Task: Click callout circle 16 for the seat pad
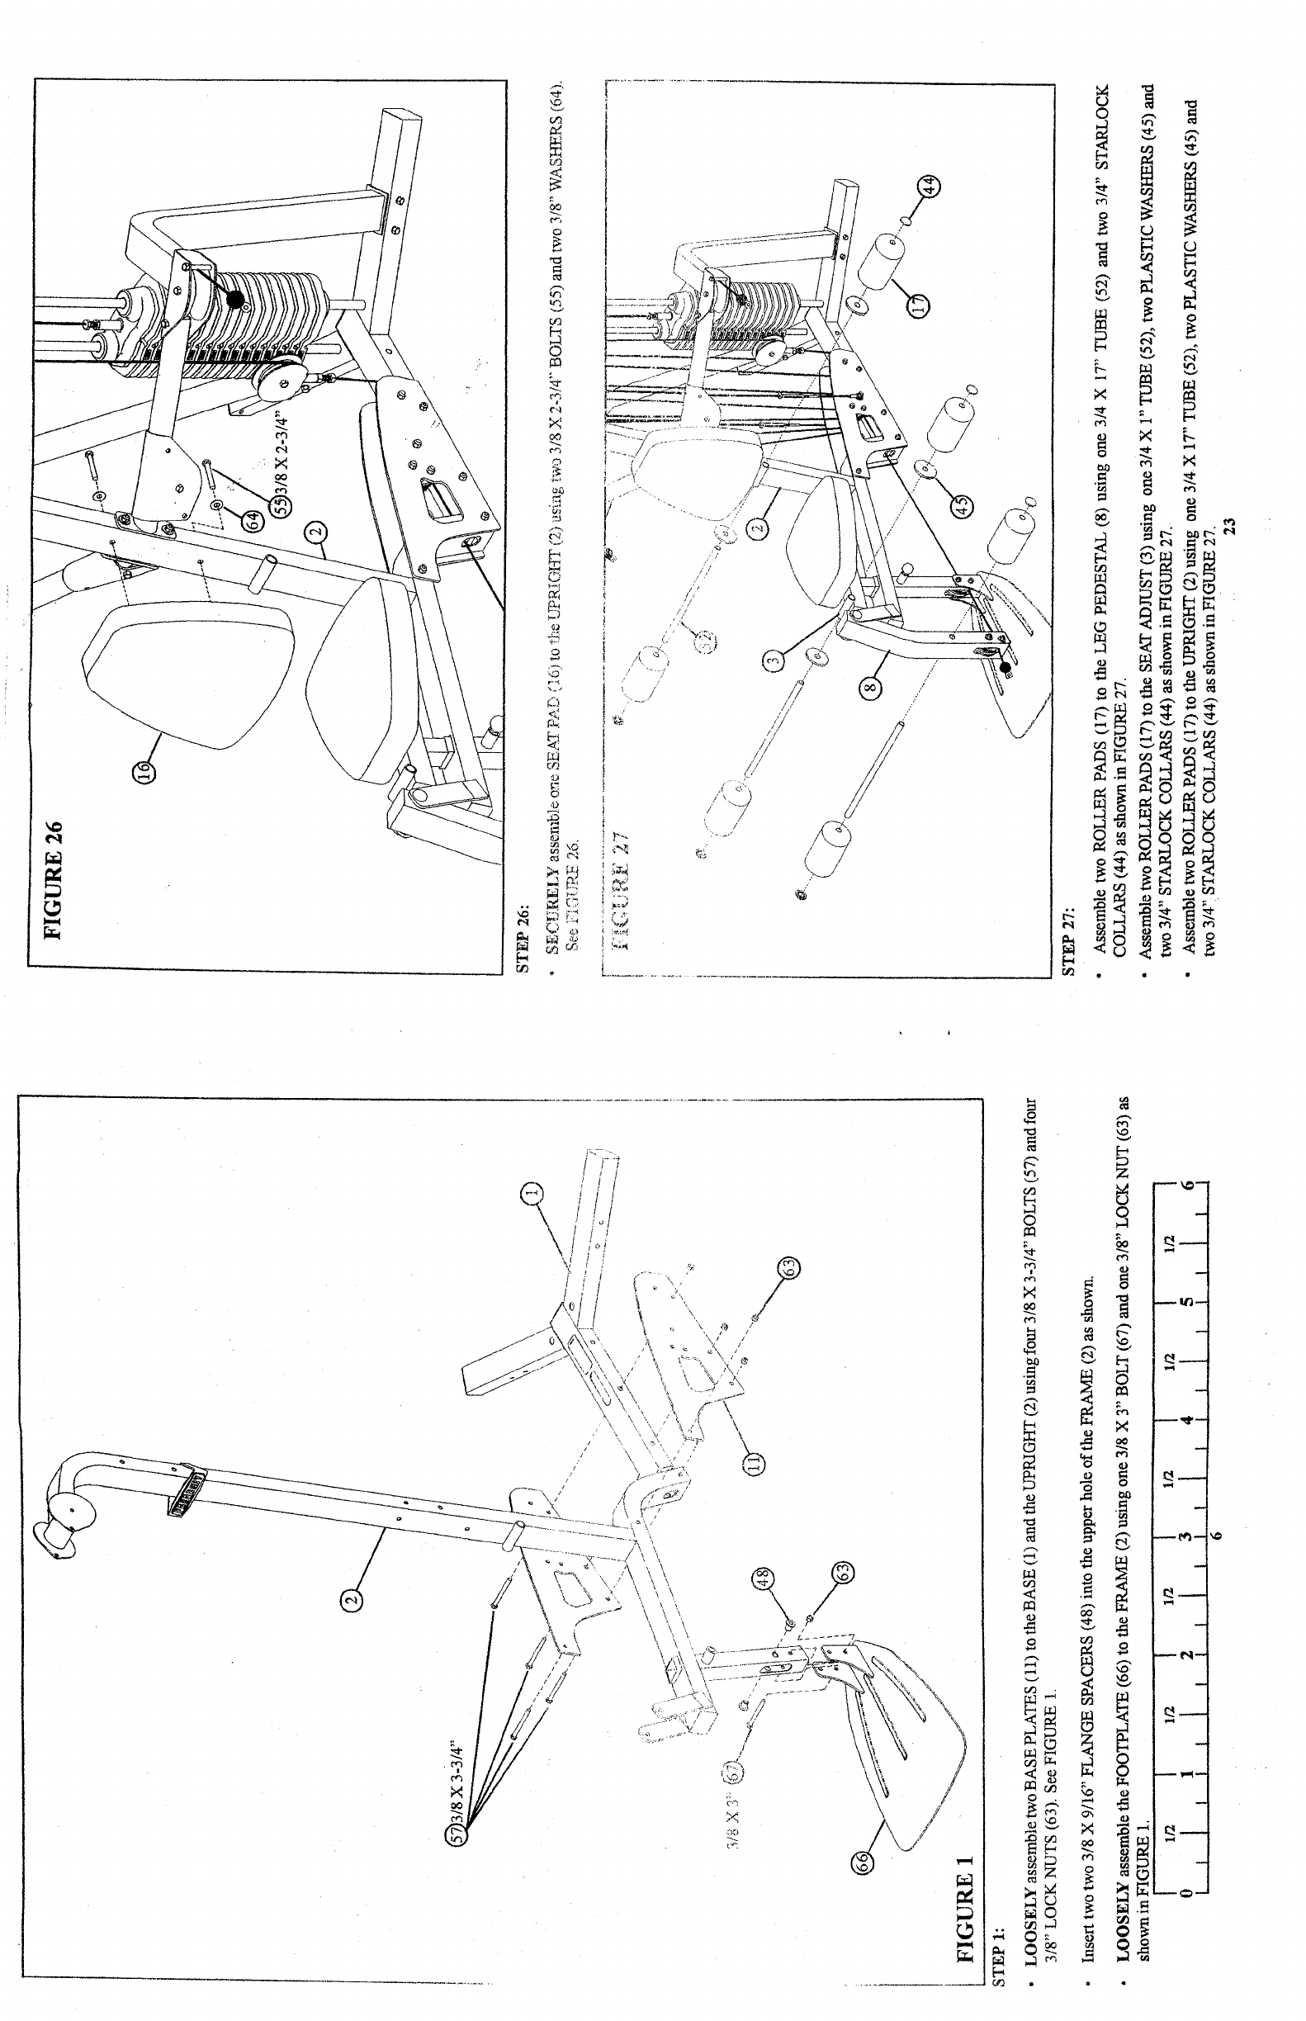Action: (x=145, y=771)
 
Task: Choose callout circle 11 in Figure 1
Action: (x=754, y=1461)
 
